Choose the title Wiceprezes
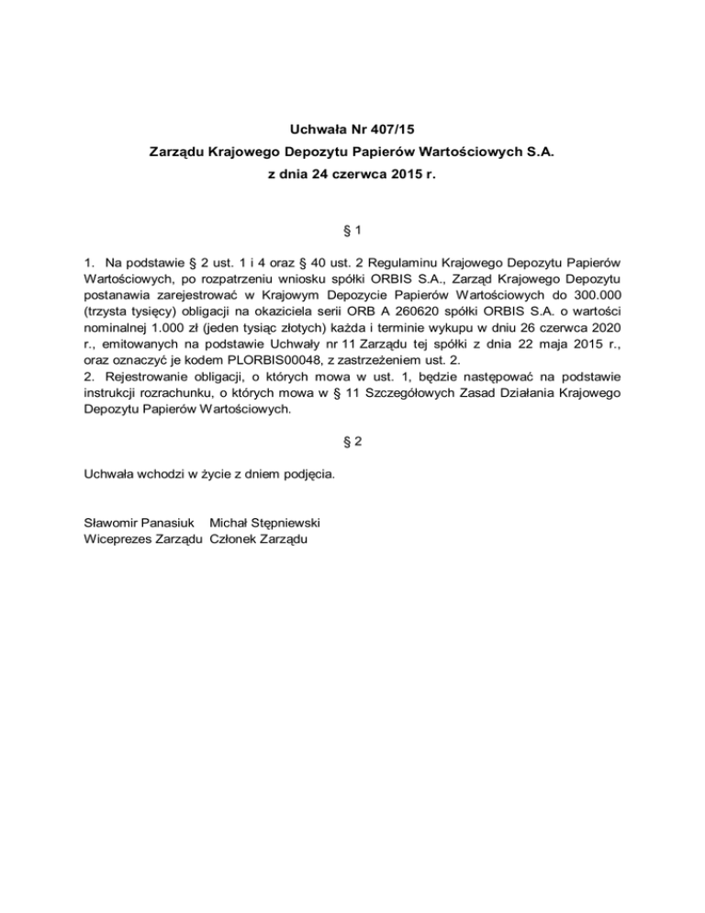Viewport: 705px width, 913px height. tap(118, 538)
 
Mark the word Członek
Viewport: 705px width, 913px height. tap(234, 538)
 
